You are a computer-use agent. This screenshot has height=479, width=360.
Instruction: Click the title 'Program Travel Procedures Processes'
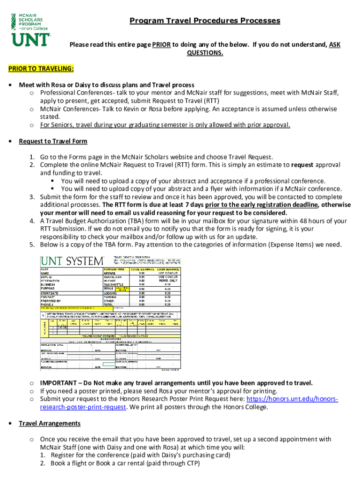click(x=205, y=21)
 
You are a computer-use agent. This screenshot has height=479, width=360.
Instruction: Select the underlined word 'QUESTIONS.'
click(x=205, y=53)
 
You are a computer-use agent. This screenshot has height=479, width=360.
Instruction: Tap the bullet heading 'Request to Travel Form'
click(x=53, y=141)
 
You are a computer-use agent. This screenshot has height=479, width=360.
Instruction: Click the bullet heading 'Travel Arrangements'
click(x=50, y=423)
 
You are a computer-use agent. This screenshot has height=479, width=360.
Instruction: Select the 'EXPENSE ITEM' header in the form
click(x=114, y=270)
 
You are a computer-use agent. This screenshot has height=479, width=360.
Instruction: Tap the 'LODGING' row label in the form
click(x=111, y=293)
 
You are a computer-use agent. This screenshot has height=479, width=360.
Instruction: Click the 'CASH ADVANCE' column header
click(x=167, y=270)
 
